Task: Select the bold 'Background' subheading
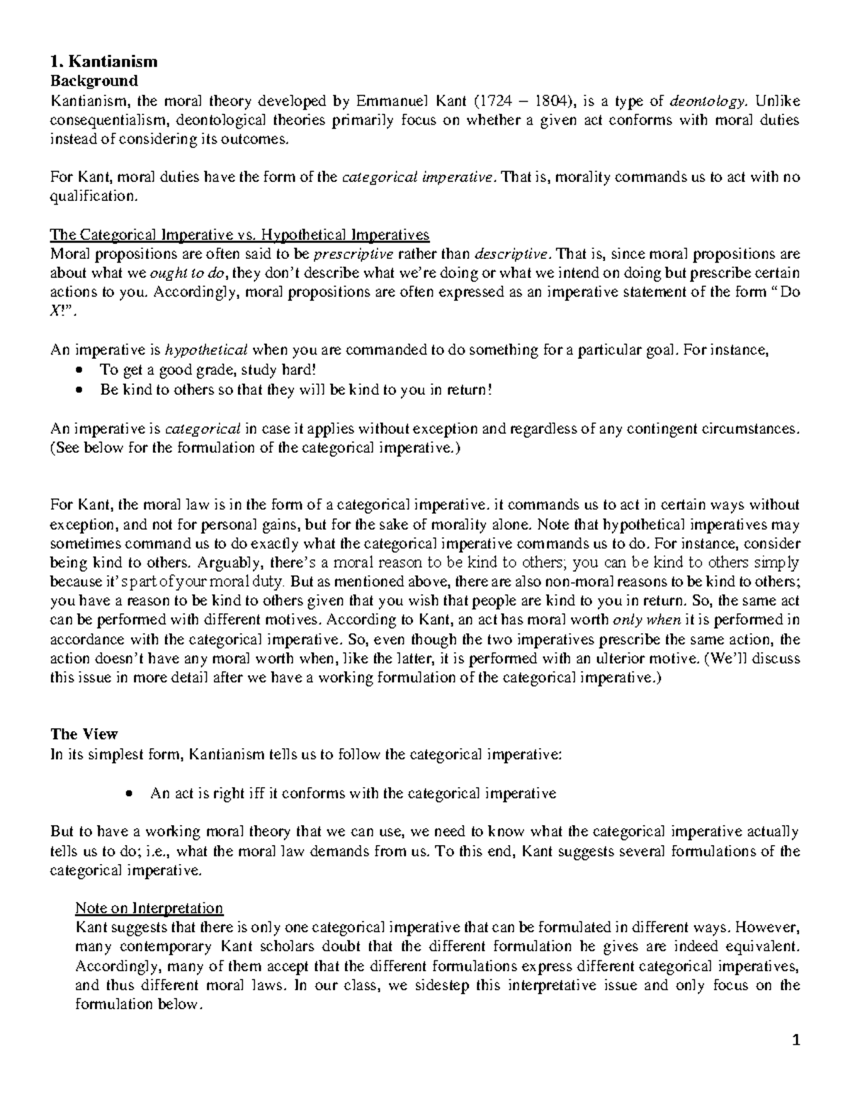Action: [x=93, y=81]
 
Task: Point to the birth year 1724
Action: [x=494, y=100]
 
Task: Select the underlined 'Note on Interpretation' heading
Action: [x=149, y=908]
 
